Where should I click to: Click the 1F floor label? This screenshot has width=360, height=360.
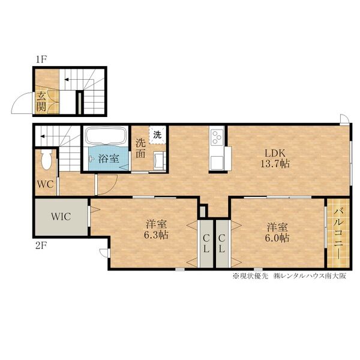(41, 59)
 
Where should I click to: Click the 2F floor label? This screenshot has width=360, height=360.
(41, 246)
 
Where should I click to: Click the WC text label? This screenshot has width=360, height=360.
(46, 184)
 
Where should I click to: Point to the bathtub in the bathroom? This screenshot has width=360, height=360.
(106, 136)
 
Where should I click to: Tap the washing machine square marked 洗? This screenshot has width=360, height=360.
(157, 135)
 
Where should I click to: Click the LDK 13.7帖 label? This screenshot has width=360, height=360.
(275, 158)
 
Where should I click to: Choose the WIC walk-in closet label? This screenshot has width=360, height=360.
(61, 217)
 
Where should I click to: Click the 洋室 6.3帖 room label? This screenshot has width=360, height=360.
(157, 229)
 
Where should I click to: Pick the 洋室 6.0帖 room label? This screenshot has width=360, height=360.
(277, 232)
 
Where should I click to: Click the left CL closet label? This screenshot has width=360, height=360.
(206, 244)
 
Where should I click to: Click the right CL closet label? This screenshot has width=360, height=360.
(221, 244)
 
